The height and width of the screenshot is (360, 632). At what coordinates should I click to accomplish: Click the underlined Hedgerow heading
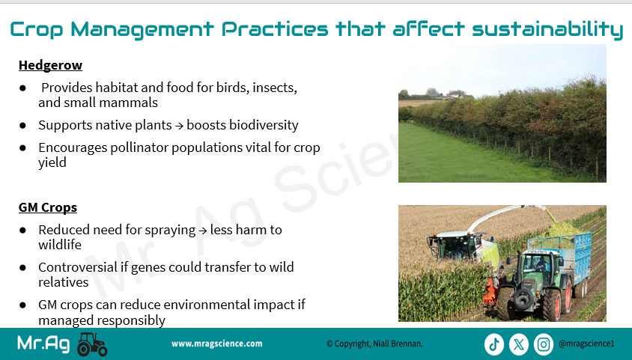click(x=50, y=65)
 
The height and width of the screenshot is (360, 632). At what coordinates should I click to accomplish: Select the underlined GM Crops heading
click(x=48, y=207)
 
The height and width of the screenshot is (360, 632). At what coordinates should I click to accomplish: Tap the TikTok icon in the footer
click(x=494, y=344)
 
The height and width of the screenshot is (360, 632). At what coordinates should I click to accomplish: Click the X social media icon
click(x=519, y=344)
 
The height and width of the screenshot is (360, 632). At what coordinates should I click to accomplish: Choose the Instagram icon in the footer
click(x=544, y=344)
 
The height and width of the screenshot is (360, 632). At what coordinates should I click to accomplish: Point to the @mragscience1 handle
click(x=586, y=344)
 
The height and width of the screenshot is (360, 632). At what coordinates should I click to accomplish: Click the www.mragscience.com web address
click(x=217, y=344)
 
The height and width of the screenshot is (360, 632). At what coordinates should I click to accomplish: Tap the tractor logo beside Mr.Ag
click(x=92, y=344)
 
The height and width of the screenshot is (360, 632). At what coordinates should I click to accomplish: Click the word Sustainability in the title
click(x=548, y=29)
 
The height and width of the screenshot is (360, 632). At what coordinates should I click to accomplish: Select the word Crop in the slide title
click(x=36, y=30)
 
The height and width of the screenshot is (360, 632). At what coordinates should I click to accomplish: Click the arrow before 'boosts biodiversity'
click(x=180, y=126)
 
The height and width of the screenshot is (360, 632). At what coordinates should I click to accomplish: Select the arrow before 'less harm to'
click(x=203, y=231)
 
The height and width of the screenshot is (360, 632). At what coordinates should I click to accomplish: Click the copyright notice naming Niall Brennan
click(x=374, y=344)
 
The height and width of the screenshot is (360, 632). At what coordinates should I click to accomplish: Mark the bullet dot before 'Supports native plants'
click(x=22, y=126)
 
